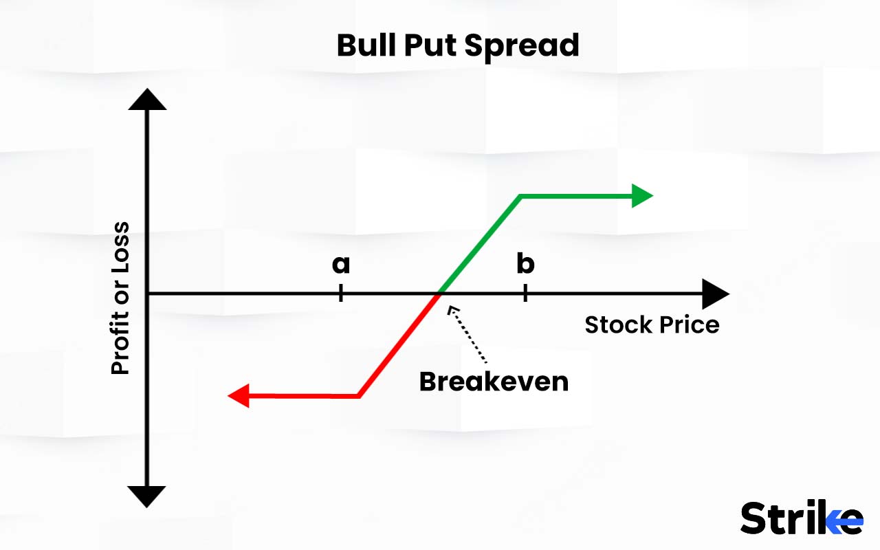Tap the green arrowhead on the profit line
(641, 196)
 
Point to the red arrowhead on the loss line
(238, 396)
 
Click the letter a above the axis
(341, 264)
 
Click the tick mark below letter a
(341, 294)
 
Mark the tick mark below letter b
(525, 294)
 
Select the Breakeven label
(494, 381)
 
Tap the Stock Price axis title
(652, 324)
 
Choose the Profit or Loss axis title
(120, 298)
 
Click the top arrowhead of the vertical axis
(147, 100)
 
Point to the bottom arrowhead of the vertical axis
(147, 495)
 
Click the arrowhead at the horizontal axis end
(715, 294)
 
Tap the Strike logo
(801, 518)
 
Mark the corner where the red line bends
(359, 396)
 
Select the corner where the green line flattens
(521, 197)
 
